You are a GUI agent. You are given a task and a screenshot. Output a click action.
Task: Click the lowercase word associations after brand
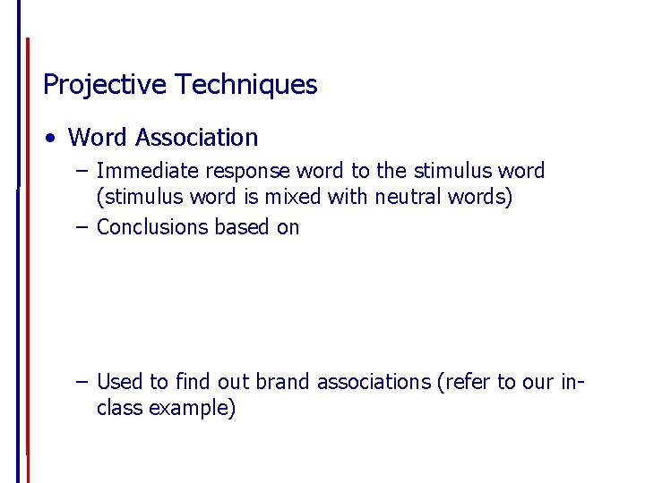(x=372, y=382)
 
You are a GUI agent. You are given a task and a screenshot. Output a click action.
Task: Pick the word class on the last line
(x=119, y=409)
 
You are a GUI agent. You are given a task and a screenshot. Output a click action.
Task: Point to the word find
(x=191, y=382)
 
